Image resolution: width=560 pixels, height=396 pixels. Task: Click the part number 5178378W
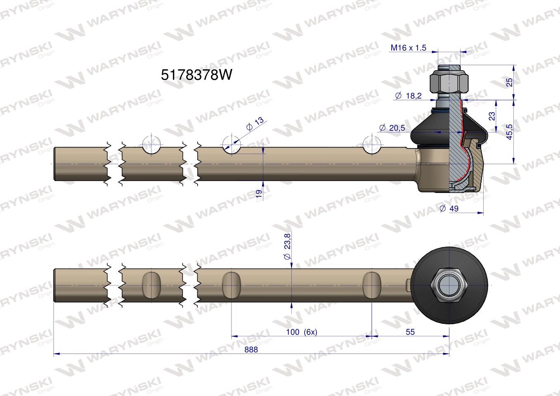click(196, 75)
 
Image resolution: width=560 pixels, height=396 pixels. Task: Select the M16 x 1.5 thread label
click(408, 48)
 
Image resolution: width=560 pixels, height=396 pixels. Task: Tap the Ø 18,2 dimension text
click(408, 95)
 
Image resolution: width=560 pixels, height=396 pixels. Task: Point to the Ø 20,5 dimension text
click(392, 128)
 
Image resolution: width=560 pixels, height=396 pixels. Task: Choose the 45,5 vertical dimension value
click(509, 132)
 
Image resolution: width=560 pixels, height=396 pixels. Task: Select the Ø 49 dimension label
click(449, 208)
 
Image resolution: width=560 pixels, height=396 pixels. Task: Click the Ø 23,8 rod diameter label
click(287, 247)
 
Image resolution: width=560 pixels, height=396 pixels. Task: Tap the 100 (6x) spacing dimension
click(302, 332)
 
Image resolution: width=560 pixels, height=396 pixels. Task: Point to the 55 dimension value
click(410, 332)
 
